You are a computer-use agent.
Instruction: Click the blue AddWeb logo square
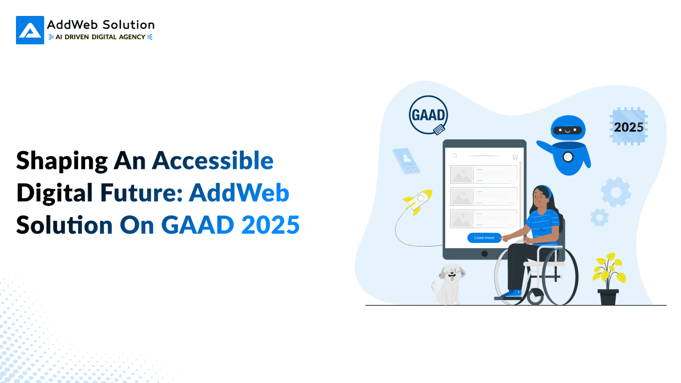30,30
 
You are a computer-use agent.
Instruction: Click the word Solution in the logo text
129,25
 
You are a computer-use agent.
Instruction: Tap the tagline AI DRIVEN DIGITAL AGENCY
100,37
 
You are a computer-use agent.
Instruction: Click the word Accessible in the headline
213,160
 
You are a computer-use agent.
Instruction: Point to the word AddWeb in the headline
239,193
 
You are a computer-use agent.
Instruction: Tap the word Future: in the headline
141,193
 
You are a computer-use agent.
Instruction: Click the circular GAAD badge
428,115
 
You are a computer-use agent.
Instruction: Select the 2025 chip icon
629,127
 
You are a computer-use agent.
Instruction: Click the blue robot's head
568,129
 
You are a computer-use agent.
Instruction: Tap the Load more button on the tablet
484,238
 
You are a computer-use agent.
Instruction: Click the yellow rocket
418,201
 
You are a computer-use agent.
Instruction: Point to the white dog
449,284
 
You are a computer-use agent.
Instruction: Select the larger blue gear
616,192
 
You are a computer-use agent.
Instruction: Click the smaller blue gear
599,218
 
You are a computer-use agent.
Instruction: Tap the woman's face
540,196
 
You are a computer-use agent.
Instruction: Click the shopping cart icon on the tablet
515,157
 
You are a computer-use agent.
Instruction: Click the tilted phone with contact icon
406,161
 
